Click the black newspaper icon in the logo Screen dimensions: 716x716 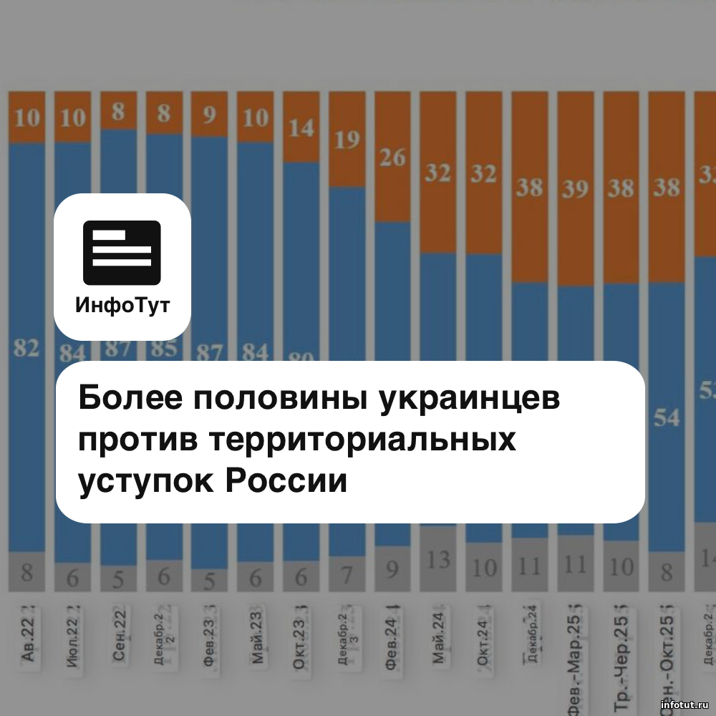pos(122,253)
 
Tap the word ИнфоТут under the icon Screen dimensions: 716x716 pos(122,306)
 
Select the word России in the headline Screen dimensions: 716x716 pos(286,480)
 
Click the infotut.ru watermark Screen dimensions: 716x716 pos(684,705)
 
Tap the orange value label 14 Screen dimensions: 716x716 pos(301,128)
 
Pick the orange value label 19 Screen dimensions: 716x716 pos(347,140)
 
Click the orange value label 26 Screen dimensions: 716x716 pos(393,157)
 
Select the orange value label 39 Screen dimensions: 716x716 pos(576,188)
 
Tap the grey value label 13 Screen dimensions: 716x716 pos(438,558)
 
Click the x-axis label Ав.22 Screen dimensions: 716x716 pos(26,645)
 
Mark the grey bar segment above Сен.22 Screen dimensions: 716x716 pos(118,579)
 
